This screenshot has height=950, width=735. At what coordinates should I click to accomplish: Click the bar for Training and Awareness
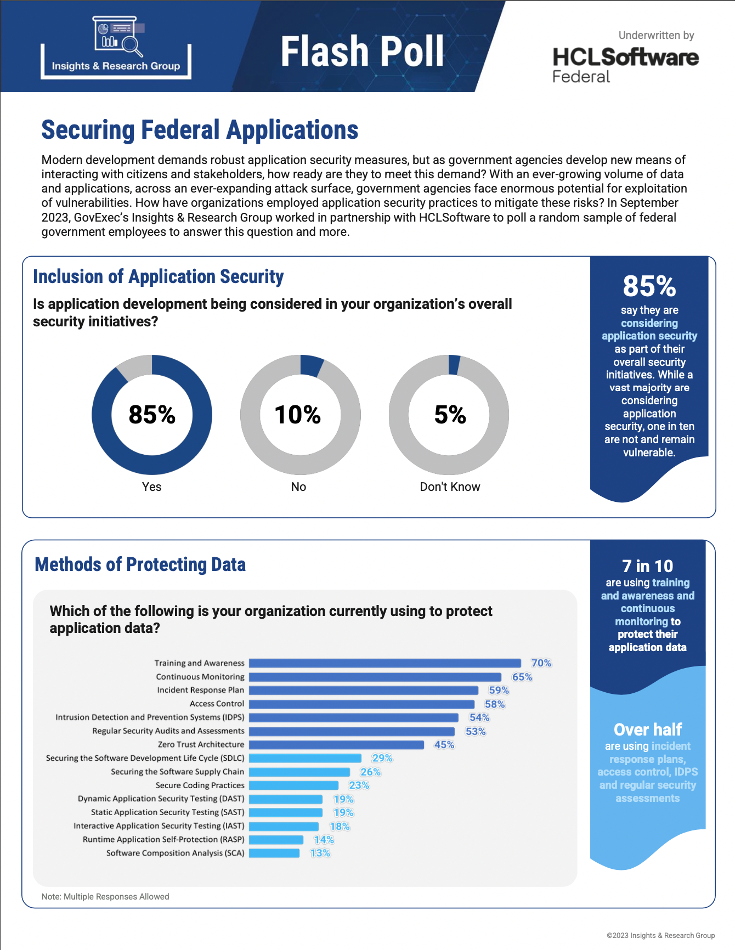[x=385, y=663]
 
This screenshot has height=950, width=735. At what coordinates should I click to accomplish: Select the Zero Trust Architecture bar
[x=336, y=745]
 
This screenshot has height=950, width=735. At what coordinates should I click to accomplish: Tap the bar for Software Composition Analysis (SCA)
[x=274, y=853]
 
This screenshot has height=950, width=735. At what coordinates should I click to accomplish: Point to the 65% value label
[x=522, y=677]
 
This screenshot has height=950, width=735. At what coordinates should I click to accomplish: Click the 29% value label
[x=382, y=758]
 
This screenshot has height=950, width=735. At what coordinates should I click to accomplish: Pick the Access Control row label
[x=217, y=704]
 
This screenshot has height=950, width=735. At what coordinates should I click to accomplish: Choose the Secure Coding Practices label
[x=200, y=785]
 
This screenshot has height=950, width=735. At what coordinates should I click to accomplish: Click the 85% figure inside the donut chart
[x=152, y=415]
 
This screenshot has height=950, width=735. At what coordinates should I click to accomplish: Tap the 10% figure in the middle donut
[x=298, y=415]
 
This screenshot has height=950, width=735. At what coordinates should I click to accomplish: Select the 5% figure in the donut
[x=450, y=415]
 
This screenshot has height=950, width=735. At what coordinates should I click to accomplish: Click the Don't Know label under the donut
[x=450, y=487]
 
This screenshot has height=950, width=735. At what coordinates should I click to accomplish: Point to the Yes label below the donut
[x=152, y=487]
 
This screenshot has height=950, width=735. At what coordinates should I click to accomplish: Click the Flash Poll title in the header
[x=362, y=52]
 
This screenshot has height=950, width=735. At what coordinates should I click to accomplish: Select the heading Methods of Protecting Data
[x=140, y=564]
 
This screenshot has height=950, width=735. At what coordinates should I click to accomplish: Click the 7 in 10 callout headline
[x=647, y=566]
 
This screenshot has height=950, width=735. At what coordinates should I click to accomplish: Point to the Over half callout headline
[x=648, y=730]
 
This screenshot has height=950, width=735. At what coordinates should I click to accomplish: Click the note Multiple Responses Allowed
[x=105, y=897]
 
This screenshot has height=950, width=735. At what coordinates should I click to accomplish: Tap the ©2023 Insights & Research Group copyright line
[x=660, y=936]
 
